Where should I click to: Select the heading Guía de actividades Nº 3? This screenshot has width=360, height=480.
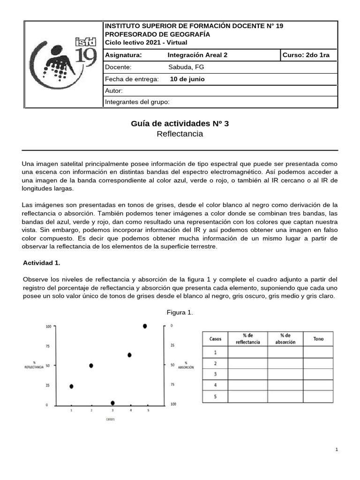[x=180, y=124]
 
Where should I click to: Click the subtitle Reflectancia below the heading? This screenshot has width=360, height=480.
[x=180, y=134]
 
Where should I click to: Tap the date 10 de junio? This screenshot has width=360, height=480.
[x=187, y=79]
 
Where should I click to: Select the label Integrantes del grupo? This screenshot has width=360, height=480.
[x=137, y=102]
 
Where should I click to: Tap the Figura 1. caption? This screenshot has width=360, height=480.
[x=180, y=312]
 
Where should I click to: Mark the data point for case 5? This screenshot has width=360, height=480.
[x=145, y=326]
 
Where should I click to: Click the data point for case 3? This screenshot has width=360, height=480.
[x=112, y=403]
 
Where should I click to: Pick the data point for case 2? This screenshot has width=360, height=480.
[x=91, y=365]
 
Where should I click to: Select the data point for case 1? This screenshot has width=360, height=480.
[x=71, y=386]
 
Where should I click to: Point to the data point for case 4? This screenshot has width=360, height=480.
[x=129, y=355]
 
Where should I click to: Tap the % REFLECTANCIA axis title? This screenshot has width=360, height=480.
[x=34, y=366]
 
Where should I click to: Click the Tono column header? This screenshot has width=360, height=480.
[x=318, y=339]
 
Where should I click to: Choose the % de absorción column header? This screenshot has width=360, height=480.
[x=285, y=339]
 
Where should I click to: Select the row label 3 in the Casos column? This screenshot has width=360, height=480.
[x=215, y=374]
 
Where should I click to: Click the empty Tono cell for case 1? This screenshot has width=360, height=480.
[x=318, y=352]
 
